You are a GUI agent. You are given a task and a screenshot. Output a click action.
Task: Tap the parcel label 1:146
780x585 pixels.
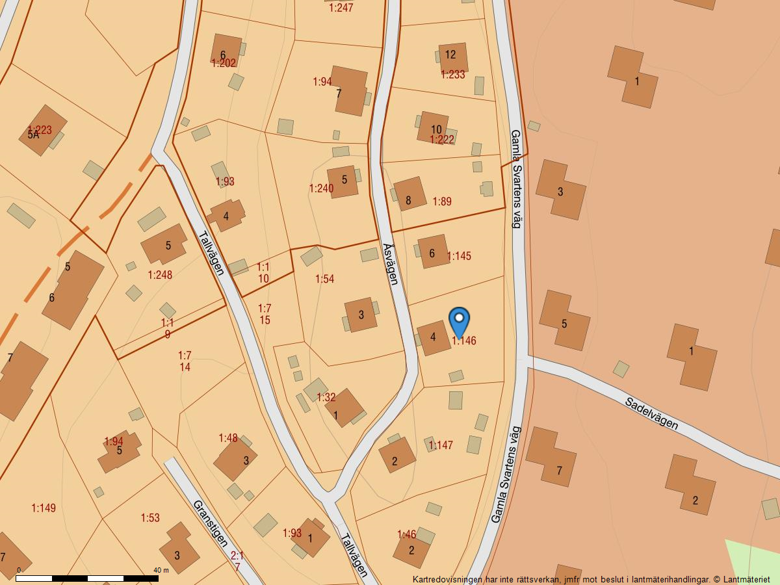[x=464, y=341]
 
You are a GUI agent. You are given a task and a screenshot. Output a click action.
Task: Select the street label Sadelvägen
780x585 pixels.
[x=651, y=413]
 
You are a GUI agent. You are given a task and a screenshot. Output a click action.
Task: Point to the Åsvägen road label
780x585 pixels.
[x=390, y=263]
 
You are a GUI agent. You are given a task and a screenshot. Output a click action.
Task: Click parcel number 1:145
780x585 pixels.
[x=459, y=256]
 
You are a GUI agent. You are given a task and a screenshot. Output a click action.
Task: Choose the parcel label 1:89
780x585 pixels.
[x=442, y=201]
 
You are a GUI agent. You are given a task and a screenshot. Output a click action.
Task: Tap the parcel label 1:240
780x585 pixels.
[x=321, y=188]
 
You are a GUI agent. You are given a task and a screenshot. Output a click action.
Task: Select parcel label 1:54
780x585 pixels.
[x=324, y=279]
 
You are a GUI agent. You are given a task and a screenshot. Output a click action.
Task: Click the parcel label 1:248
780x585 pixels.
[x=160, y=275]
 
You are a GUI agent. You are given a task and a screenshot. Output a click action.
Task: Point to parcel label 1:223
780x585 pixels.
[x=40, y=129]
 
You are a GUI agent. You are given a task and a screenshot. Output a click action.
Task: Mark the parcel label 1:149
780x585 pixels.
[x=44, y=508]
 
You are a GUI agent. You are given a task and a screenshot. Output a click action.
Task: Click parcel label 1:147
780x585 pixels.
[x=441, y=445]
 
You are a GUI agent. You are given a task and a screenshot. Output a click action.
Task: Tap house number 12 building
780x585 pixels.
[x=451, y=56]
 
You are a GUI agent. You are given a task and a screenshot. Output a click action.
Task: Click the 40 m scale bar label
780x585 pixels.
[x=161, y=570]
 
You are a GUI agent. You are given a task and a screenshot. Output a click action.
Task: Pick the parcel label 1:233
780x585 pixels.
[x=453, y=75]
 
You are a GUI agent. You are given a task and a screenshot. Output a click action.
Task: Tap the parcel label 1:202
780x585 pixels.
[x=224, y=63]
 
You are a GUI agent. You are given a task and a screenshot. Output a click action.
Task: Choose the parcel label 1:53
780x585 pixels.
[x=150, y=518]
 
